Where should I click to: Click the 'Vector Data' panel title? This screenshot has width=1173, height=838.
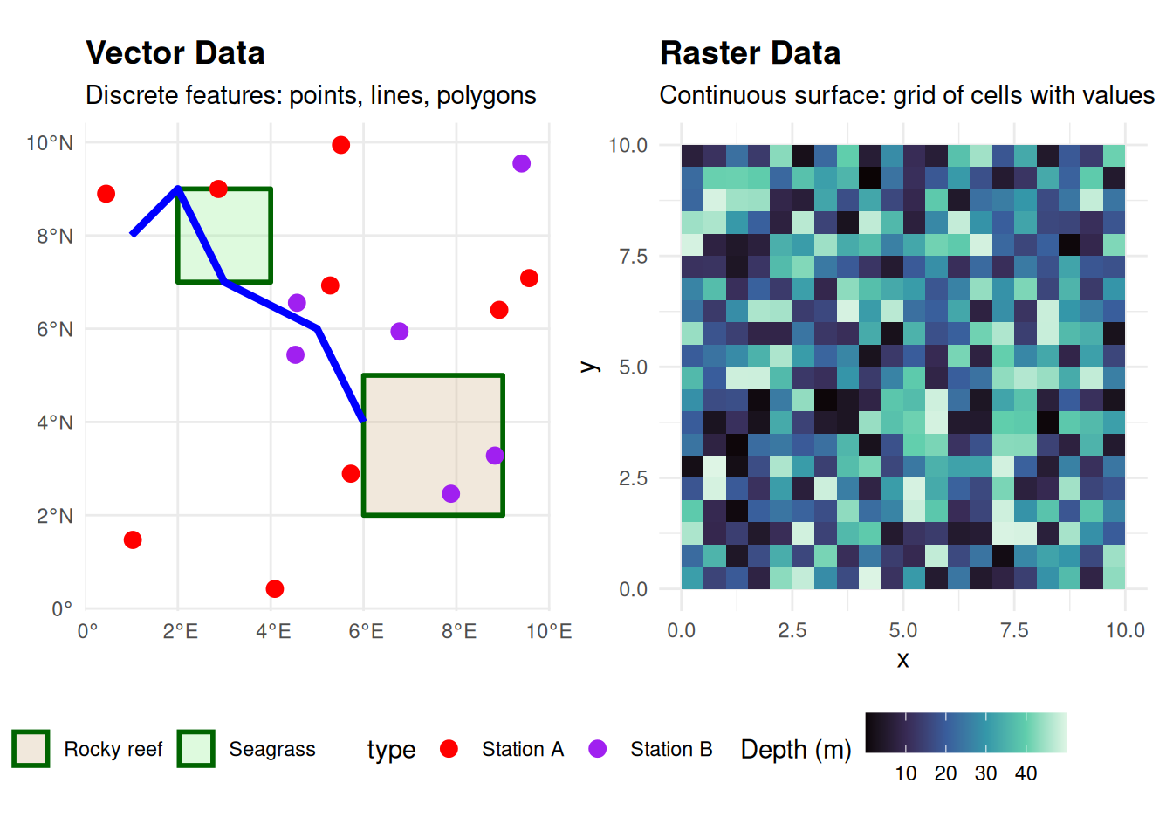[x=175, y=53]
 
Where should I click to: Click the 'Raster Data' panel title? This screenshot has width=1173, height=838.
[x=750, y=53]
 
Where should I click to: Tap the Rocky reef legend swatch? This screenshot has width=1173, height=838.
[x=31, y=749]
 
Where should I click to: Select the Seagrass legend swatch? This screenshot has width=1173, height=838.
[x=195, y=749]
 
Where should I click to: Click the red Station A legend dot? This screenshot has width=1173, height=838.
[x=449, y=749]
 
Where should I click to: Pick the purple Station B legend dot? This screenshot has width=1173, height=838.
[x=597, y=749]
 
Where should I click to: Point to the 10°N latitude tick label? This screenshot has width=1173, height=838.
[x=50, y=143]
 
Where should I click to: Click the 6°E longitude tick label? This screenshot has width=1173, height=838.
[x=366, y=631]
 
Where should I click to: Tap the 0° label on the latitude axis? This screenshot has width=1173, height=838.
[x=62, y=608]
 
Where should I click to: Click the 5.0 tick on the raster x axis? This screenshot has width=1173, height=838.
[x=903, y=630]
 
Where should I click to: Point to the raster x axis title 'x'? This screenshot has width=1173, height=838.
[x=903, y=659]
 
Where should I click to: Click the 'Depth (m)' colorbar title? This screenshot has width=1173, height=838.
[x=795, y=750]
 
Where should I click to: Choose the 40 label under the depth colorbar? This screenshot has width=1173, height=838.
[x=1026, y=773]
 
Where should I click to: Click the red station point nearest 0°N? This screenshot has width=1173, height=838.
[x=274, y=589]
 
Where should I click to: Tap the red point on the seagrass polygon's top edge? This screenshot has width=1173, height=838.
[x=218, y=189]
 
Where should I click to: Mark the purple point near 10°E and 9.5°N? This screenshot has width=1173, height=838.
[x=521, y=163]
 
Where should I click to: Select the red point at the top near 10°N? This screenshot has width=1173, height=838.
[x=340, y=145]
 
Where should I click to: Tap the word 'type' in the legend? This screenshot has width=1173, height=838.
[x=391, y=750]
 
